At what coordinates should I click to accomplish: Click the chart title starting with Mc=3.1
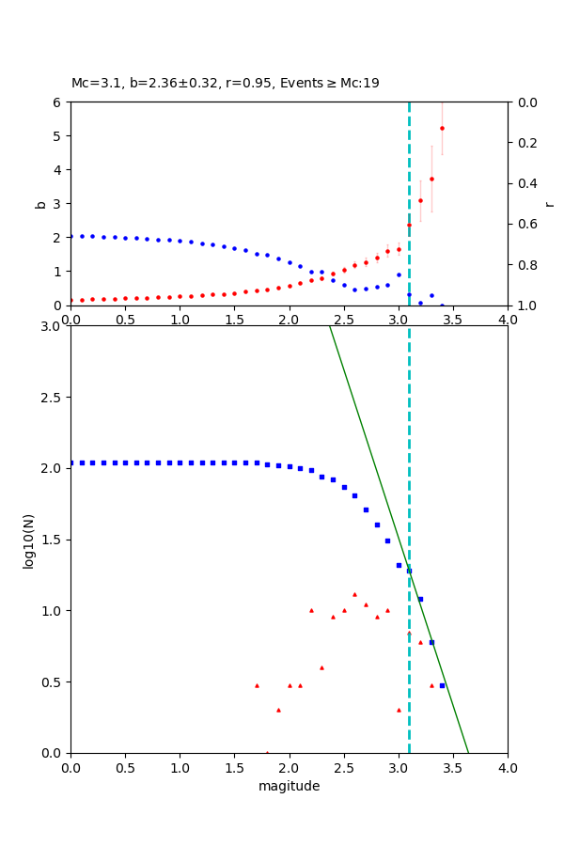(x=226, y=83)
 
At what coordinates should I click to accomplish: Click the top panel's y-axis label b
(x=40, y=203)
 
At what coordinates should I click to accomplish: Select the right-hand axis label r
(x=549, y=203)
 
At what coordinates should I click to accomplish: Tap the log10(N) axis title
(x=29, y=540)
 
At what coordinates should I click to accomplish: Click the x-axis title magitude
(x=289, y=786)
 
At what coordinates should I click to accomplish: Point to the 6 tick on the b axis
(x=58, y=102)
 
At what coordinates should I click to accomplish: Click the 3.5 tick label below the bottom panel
(x=453, y=767)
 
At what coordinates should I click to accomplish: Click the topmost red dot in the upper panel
(x=442, y=128)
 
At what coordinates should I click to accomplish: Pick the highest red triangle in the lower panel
(x=354, y=594)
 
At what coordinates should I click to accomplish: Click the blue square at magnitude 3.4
(x=442, y=685)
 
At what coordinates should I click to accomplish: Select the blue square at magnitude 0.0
(x=71, y=462)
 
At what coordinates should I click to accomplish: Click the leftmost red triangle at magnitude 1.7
(x=257, y=685)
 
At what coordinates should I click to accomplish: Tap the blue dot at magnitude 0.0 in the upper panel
(x=71, y=236)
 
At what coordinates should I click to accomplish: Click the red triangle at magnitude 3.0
(x=399, y=710)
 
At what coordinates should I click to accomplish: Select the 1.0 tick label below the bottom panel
(x=180, y=767)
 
